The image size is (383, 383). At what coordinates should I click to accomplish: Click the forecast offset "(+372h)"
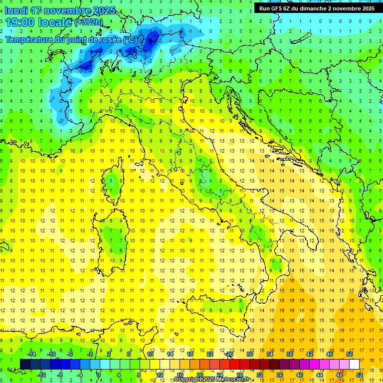click(89, 22)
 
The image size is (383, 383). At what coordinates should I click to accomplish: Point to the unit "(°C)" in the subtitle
click(130, 39)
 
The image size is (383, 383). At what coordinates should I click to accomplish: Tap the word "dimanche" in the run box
click(312, 8)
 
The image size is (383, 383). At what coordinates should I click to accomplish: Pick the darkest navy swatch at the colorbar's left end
click(25, 364)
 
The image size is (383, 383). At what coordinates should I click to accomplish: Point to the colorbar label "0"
click(99, 375)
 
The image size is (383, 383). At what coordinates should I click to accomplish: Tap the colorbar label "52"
click(359, 375)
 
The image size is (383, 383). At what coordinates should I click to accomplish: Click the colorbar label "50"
click(350, 354)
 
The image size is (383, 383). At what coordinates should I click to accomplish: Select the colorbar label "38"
click(290, 354)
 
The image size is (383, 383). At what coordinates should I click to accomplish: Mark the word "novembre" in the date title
click(63, 10)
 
